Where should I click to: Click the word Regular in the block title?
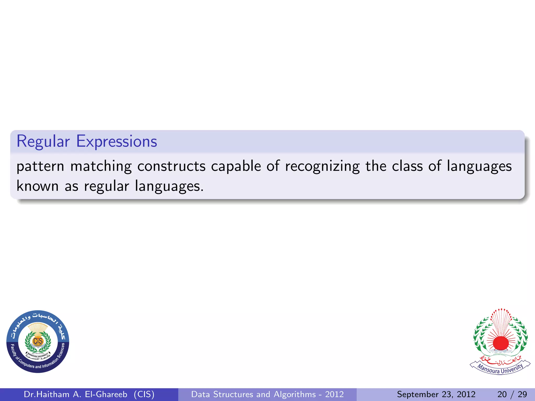coord(43,142)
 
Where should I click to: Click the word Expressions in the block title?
coord(117,142)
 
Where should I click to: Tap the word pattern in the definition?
coord(40,166)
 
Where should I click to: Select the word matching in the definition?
coord(101,166)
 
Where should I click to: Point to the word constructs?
coord(171,166)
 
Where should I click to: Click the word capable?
coord(236,166)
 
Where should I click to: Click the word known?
coord(38,186)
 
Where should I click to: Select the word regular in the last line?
coord(106,186)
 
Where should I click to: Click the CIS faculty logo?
coord(38,341)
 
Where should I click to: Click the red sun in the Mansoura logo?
coord(501,343)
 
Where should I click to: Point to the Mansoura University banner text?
coord(500,368)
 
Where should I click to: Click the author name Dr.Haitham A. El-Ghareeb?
coord(75,394)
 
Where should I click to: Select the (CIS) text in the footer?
coord(144,394)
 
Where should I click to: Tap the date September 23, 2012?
coord(436,394)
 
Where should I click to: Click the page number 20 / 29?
coord(512,394)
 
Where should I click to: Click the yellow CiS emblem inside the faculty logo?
coord(38,341)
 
